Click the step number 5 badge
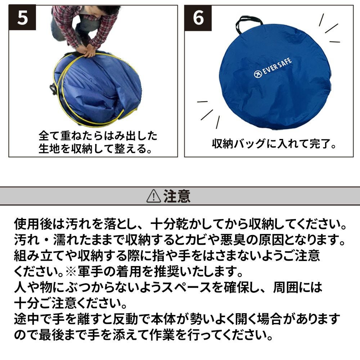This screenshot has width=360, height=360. [22, 18]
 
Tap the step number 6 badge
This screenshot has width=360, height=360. [198, 18]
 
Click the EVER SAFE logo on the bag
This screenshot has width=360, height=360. [273, 68]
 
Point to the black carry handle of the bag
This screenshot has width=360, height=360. [249, 22]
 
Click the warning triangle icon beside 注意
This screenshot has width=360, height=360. [154, 196]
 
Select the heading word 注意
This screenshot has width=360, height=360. [177, 196]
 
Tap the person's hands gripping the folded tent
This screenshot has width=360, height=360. [89, 51]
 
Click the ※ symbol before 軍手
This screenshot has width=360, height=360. [71, 271]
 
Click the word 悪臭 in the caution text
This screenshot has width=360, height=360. [233, 240]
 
